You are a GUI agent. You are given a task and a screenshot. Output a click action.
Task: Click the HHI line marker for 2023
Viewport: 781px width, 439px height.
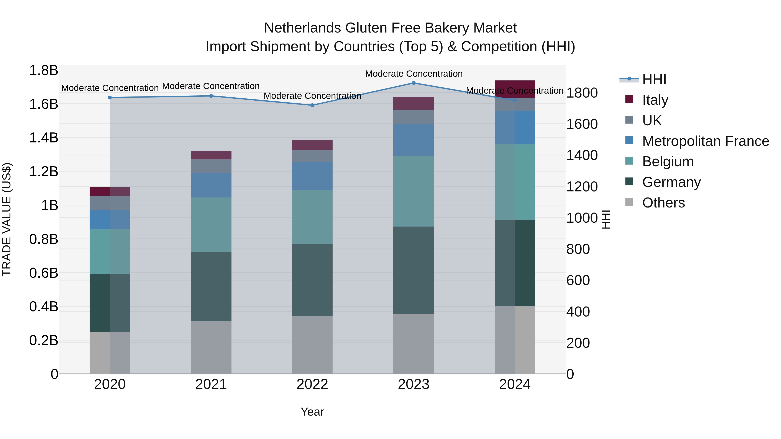tap(413, 83)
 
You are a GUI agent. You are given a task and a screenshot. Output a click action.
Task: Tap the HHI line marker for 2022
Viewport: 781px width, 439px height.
tap(312, 105)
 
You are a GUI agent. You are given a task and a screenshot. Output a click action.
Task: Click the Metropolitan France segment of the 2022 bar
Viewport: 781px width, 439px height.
tap(312, 176)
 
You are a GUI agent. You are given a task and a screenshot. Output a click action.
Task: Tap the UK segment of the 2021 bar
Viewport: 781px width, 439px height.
tap(211, 166)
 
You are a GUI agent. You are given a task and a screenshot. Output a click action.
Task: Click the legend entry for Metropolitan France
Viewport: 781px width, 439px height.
tap(705, 141)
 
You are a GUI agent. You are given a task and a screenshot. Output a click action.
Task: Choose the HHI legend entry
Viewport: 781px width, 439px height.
tap(654, 79)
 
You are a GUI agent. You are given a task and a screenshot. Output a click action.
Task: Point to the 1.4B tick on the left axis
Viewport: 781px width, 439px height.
tap(43, 138)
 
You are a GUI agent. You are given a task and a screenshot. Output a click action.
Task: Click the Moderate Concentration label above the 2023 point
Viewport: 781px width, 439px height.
tap(413, 74)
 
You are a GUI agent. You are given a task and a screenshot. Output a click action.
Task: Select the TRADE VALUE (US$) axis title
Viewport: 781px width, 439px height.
tap(7, 219)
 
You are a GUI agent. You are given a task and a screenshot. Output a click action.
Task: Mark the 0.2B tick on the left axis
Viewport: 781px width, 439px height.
tap(43, 341)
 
